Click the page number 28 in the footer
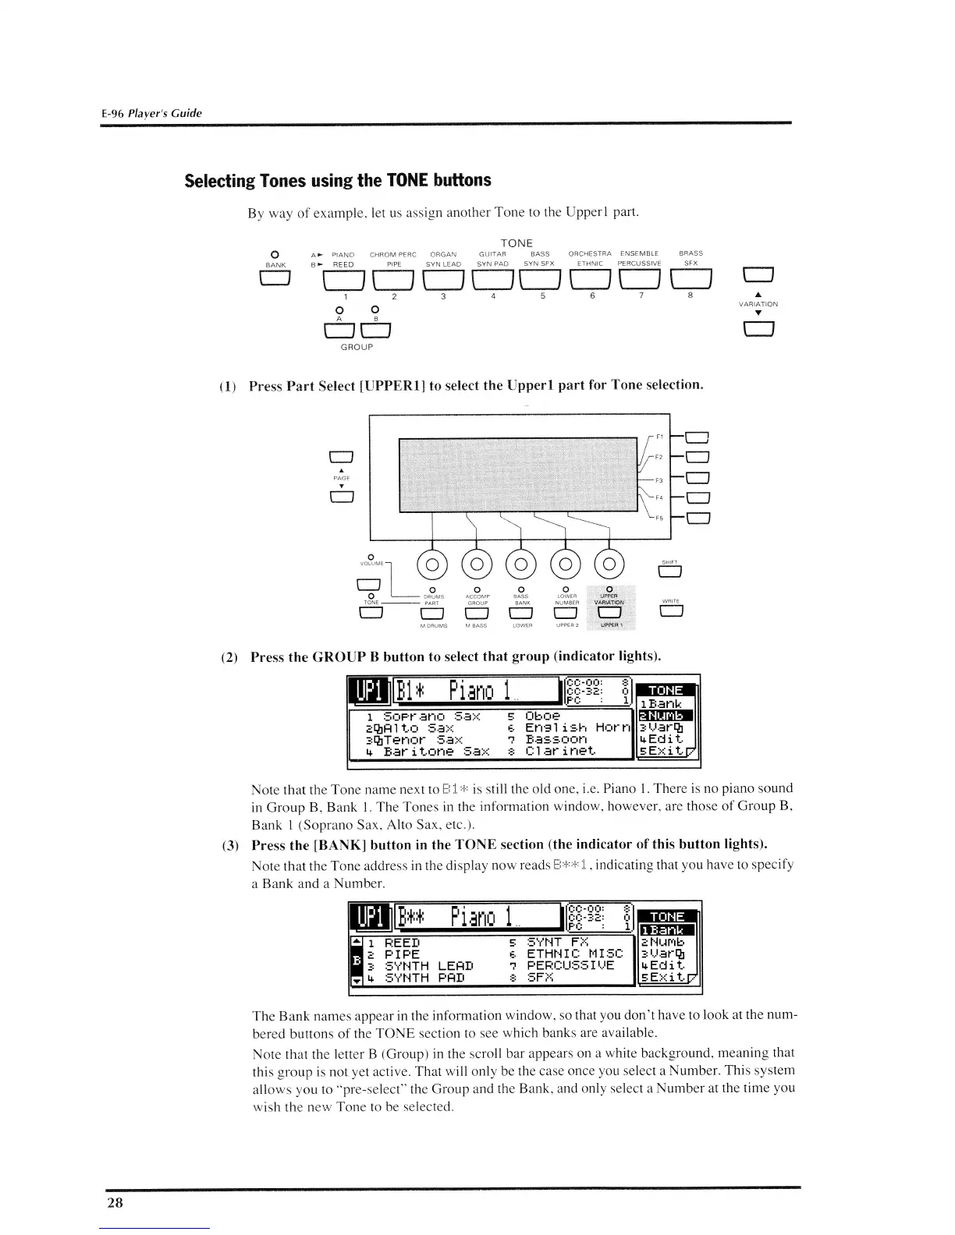point(115,1202)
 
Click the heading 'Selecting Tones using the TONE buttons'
point(338,180)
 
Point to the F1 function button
point(696,437)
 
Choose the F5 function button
point(696,517)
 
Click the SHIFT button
point(670,573)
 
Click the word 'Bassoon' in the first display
point(556,738)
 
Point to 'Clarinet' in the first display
point(559,752)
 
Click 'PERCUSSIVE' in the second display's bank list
point(571,965)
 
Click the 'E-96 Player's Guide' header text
point(151,113)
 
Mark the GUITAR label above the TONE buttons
point(492,253)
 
